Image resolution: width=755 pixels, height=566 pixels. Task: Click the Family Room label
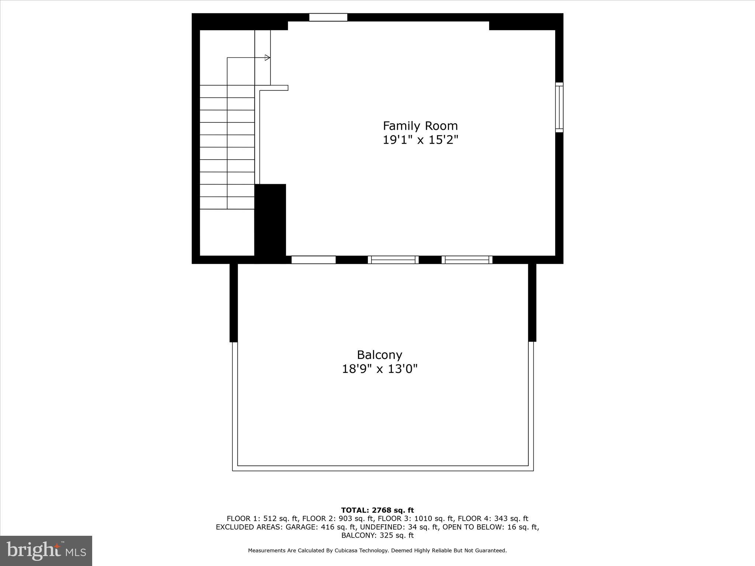pos(420,126)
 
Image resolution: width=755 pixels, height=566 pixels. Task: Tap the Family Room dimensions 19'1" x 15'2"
pos(420,140)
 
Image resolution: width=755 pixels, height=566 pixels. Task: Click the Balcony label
pos(379,355)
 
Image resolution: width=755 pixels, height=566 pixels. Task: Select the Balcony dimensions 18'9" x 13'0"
pos(380,369)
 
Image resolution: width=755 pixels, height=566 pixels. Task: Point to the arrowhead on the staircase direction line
pos(268,57)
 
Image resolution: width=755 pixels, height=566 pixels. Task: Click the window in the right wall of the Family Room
pos(559,107)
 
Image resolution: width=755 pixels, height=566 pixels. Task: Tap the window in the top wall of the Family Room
pos(328,17)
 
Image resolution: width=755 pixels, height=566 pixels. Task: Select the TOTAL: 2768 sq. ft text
pos(377,510)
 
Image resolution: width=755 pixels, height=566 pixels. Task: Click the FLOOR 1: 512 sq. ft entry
pos(262,519)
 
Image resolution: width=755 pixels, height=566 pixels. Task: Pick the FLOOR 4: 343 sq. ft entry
pos(493,519)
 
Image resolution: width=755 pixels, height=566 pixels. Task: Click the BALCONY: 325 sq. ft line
pos(377,535)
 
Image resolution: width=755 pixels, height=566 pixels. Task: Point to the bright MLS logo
pos(46,551)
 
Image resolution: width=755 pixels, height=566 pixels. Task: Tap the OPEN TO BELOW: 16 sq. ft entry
pos(490,527)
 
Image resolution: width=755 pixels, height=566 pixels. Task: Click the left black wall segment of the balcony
pos(233,303)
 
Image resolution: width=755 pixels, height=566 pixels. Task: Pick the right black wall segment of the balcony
pos(532,303)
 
